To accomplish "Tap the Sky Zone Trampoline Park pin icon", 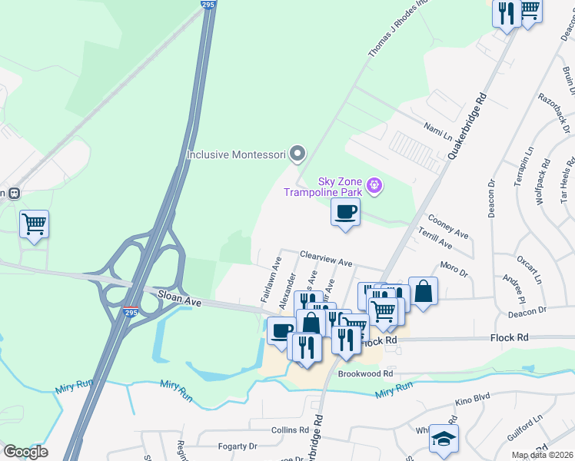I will tap(375, 184).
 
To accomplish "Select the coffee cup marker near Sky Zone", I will tap(345, 213).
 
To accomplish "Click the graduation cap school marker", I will tap(444, 439).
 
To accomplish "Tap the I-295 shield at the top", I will tap(208, 4).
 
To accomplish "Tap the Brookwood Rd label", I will tap(365, 373).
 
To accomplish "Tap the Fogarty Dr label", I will tap(237, 446).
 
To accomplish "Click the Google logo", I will tap(25, 452).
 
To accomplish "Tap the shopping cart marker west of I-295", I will tap(34, 225).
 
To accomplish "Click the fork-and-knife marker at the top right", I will tap(506, 14).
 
